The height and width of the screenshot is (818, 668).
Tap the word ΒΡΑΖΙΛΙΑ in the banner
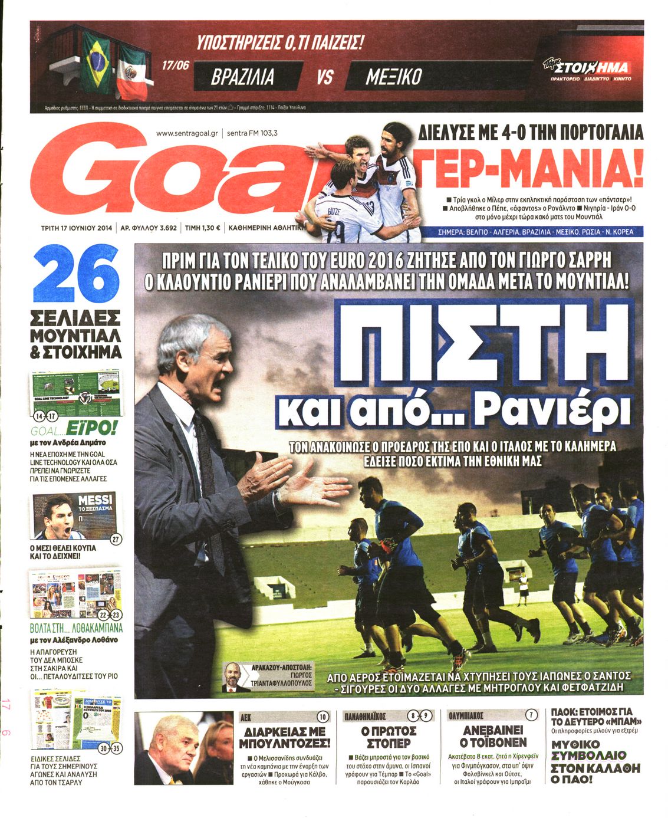(243, 77)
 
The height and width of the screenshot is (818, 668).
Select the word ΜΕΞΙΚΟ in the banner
(393, 77)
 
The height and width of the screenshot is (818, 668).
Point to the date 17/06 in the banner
(175, 65)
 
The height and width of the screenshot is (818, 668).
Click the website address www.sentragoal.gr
(187, 133)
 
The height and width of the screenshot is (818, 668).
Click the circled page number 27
(116, 538)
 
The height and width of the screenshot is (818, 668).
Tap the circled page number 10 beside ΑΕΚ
(323, 717)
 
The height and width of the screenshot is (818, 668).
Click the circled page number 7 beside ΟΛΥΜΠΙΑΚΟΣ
(531, 715)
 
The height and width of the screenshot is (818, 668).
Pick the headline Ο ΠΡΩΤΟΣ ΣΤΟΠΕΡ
(389, 737)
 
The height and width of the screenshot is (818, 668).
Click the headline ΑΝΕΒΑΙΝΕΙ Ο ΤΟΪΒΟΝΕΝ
(493, 736)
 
